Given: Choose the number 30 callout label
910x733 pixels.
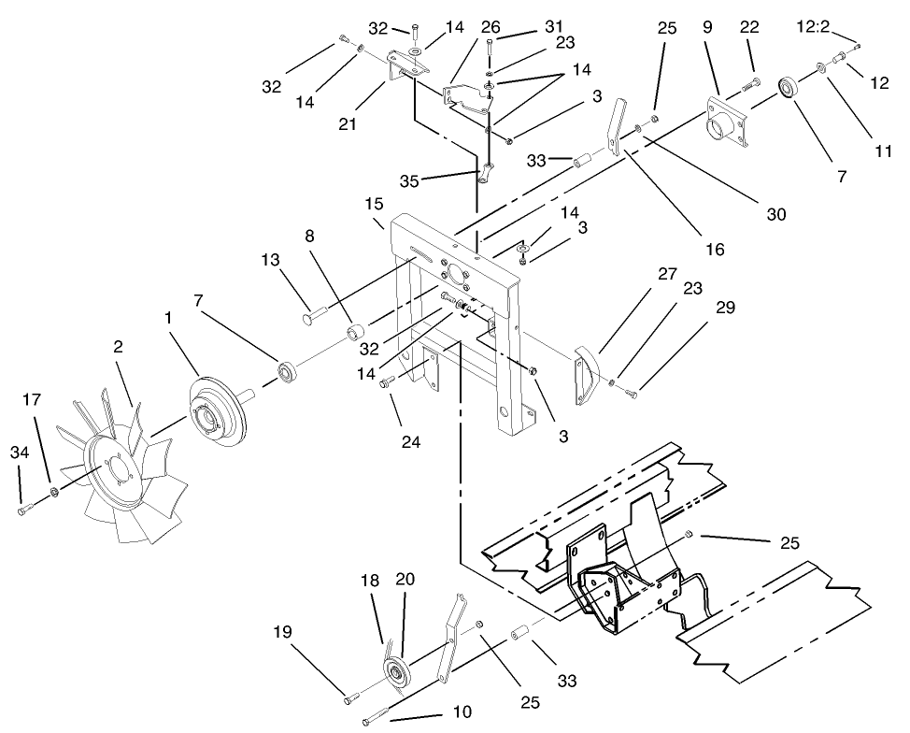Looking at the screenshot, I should (x=775, y=215).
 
